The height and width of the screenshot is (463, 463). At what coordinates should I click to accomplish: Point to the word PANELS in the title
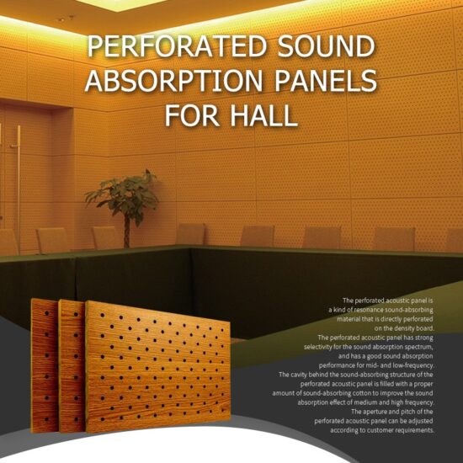[x=327, y=82]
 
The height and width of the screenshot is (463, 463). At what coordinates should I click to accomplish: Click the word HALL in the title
[x=263, y=114]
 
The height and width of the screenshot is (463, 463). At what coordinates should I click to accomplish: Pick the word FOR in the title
[x=192, y=114]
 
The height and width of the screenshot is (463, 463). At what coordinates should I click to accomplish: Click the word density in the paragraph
[x=392, y=327]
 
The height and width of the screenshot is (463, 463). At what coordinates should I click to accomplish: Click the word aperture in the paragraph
[x=375, y=412]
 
